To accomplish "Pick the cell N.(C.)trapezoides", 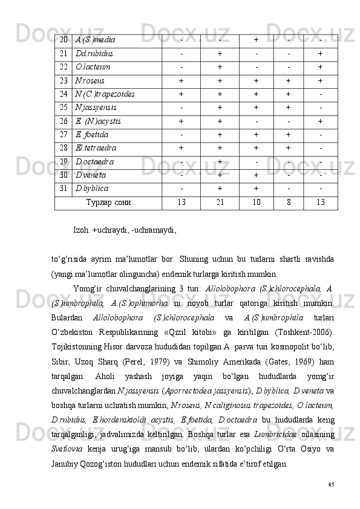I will pyautogui.click(x=105, y=94).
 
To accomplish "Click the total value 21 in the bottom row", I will pyautogui.click(x=220, y=202).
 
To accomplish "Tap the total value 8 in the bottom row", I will pyautogui.click(x=288, y=202).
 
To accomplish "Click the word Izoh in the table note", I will pyautogui.click(x=81, y=230).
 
